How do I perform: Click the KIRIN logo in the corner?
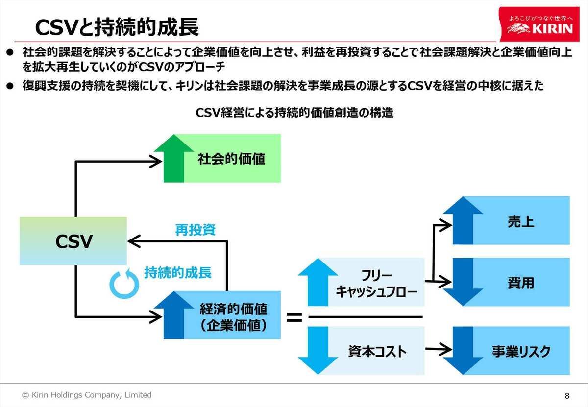pyautogui.click(x=539, y=24)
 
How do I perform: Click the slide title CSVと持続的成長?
pyautogui.click(x=117, y=27)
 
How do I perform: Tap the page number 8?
pyautogui.click(x=567, y=396)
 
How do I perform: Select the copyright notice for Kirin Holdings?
pyautogui.click(x=87, y=395)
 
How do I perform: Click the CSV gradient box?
pyautogui.click(x=73, y=241)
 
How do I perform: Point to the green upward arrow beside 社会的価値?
pyautogui.click(x=173, y=159)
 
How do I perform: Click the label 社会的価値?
pyautogui.click(x=231, y=159)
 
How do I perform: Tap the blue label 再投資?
pyautogui.click(x=196, y=230)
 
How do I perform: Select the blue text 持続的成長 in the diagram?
pyautogui.click(x=178, y=272)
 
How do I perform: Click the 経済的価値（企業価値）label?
pyautogui.click(x=233, y=317)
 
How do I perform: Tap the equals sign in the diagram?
pyautogui.click(x=294, y=317)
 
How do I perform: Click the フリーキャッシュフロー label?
pyautogui.click(x=377, y=284)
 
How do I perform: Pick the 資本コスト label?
pyautogui.click(x=377, y=351)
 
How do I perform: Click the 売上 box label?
pyautogui.click(x=521, y=222)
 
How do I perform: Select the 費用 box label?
pyautogui.click(x=521, y=283)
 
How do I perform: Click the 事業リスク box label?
pyautogui.click(x=521, y=351)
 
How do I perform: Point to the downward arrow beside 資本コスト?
pyautogui.click(x=318, y=351)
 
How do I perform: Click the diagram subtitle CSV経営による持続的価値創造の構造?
pyautogui.click(x=294, y=113)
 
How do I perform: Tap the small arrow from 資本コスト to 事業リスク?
pyautogui.click(x=439, y=349)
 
